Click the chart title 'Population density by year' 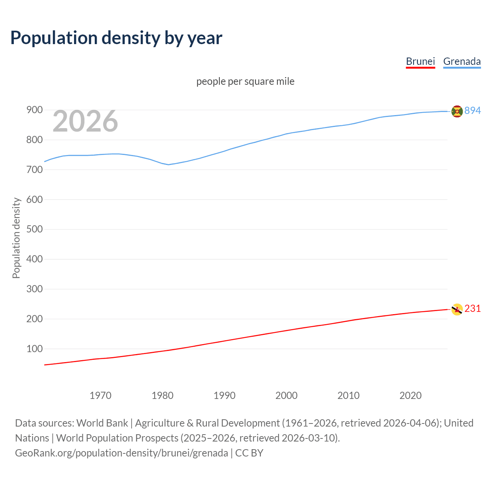[x=116, y=38]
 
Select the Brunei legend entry [x=420, y=61]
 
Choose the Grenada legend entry [x=462, y=61]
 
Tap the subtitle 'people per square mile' [x=245, y=81]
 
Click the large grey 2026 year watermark [x=85, y=121]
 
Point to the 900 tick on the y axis [x=34, y=110]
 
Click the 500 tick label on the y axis [x=34, y=229]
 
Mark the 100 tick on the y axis [x=34, y=349]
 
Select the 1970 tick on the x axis [x=101, y=395]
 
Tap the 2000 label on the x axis [x=287, y=395]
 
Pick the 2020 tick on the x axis [x=410, y=395]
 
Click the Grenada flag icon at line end [x=457, y=111]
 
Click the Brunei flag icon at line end [x=457, y=309]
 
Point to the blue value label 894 [x=473, y=111]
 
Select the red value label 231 [x=473, y=309]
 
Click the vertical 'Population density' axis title [x=16, y=238]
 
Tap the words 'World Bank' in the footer [x=102, y=423]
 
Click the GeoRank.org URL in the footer [x=122, y=453]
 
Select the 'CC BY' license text [x=249, y=453]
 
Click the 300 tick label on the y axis [x=34, y=289]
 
